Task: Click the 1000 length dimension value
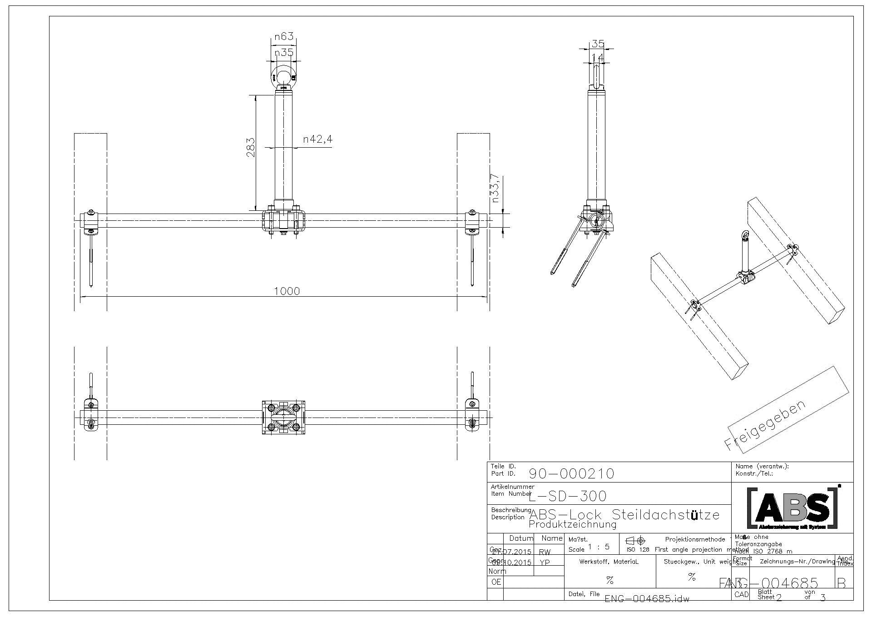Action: (287, 291)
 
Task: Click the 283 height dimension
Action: (251, 148)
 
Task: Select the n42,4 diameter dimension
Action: (318, 139)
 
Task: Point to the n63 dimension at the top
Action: (284, 36)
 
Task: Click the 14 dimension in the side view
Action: (598, 57)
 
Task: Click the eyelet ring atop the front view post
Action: (284, 75)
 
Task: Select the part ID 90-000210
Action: (572, 474)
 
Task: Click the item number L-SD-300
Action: (568, 496)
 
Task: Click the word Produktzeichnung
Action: (573, 525)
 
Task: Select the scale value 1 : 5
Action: (599, 547)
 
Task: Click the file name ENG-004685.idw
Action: (647, 598)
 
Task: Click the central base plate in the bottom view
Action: (283, 417)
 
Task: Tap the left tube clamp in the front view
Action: (91, 221)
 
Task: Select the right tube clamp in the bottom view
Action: (472, 414)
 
